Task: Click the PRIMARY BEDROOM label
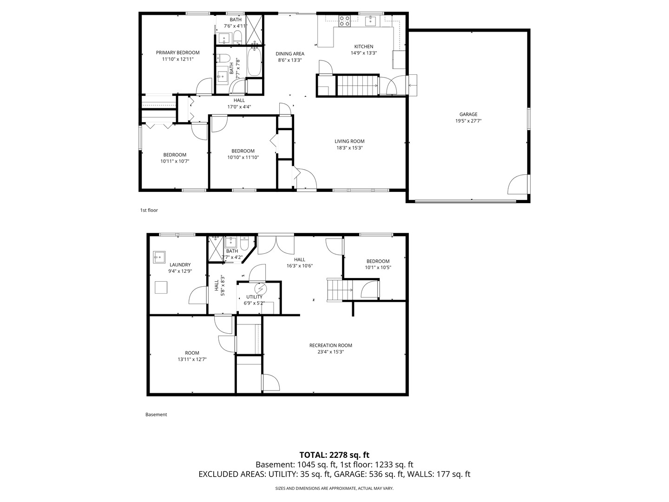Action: [x=177, y=53]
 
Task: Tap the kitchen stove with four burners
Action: [x=345, y=21]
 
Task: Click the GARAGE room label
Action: [x=468, y=114]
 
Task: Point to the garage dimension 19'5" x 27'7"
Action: [x=468, y=121]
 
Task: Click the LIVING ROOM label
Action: [x=349, y=141]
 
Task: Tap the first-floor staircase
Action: [x=357, y=86]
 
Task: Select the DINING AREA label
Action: [x=290, y=53]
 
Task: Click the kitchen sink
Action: [x=371, y=21]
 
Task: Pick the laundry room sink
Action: [x=159, y=257]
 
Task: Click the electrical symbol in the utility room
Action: [x=261, y=288]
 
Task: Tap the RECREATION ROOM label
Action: [x=331, y=345]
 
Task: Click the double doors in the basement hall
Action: [x=276, y=244]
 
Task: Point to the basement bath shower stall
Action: [x=215, y=249]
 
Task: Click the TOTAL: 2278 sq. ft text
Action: [x=334, y=455]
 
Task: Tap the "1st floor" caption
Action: [x=149, y=210]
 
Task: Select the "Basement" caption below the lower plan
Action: [x=156, y=414]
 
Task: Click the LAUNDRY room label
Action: [x=180, y=264]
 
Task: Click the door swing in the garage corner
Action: [x=518, y=184]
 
